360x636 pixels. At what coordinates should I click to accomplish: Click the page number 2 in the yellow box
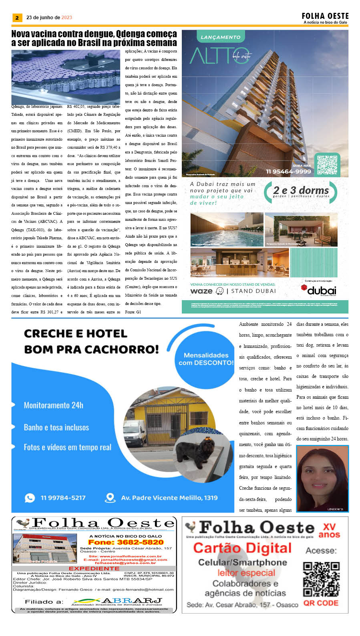17,18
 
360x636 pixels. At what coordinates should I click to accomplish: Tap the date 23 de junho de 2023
49,18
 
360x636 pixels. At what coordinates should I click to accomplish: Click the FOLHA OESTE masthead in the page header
325,16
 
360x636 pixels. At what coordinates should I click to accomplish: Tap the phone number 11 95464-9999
288,172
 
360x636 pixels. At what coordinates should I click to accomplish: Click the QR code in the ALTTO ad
327,165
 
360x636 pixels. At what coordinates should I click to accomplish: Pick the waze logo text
201,291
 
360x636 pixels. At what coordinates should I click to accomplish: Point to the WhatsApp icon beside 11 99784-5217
30,498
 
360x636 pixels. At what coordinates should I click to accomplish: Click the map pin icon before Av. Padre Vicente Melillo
110,498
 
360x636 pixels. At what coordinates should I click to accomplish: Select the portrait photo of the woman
322,479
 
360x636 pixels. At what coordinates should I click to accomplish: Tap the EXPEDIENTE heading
94,568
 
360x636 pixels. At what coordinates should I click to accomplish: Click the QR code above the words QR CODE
321,579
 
